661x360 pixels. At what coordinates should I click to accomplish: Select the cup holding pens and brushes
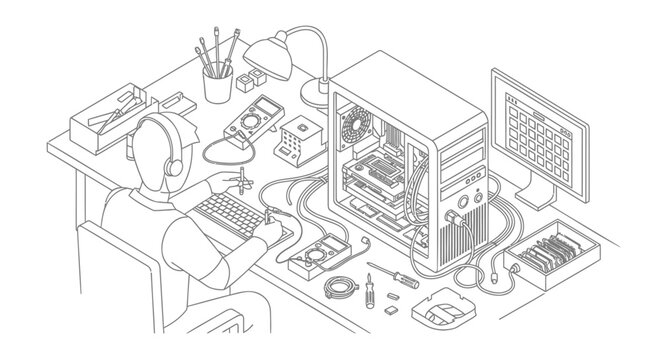pyautogui.click(x=218, y=84)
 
